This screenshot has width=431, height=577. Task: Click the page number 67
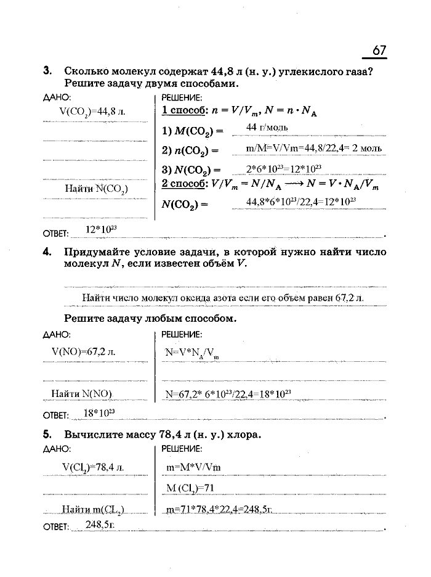(379, 49)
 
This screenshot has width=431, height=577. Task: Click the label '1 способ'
(182, 111)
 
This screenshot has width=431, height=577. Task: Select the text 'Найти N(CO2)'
(96, 189)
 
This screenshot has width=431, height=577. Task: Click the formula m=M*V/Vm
(193, 467)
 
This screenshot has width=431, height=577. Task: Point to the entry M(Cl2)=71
(190, 488)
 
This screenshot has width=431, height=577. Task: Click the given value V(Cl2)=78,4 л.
(93, 467)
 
